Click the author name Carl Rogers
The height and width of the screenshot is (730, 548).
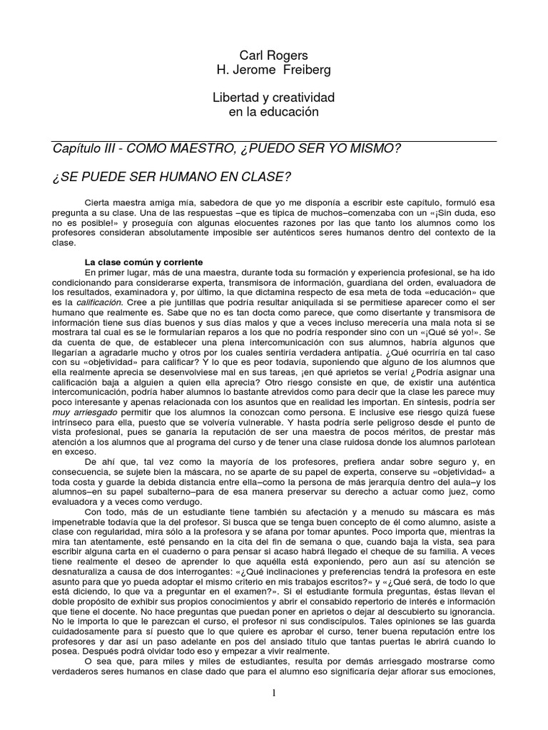[x=274, y=56]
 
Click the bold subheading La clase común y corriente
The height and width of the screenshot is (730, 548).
[x=145, y=262]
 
